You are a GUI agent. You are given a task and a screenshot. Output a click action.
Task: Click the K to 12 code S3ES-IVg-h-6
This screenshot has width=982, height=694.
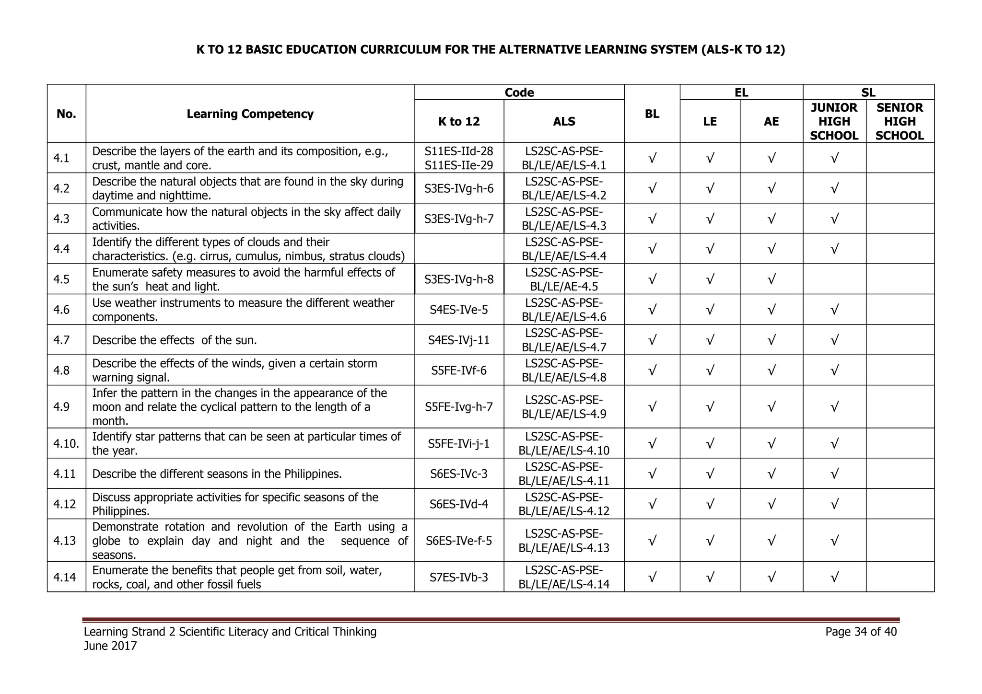point(459,188)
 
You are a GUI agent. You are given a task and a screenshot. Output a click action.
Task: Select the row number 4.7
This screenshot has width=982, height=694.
point(62,340)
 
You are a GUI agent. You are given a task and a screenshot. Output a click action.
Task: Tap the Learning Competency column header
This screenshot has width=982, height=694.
point(250,114)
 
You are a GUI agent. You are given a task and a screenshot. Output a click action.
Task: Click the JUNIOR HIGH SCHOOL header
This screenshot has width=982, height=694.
point(834,122)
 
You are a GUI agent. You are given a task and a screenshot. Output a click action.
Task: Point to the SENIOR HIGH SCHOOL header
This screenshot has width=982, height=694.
point(900,122)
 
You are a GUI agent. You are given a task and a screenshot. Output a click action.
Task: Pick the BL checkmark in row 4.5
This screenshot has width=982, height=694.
point(652,279)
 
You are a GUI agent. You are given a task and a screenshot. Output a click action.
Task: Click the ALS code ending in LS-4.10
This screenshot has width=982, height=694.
point(564,444)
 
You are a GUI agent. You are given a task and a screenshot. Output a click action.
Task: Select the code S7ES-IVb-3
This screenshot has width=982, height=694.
point(459,578)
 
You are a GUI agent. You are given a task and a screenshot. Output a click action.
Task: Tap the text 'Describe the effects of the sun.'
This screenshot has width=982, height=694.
point(175,340)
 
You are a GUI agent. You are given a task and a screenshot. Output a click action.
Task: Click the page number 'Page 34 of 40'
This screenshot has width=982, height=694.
point(861,632)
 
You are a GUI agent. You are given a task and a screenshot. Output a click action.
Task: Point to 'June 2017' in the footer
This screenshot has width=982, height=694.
point(110,646)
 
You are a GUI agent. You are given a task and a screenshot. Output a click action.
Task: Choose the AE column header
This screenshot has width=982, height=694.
point(771,122)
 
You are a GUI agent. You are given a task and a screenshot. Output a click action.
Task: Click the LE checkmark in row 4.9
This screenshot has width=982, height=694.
point(710,407)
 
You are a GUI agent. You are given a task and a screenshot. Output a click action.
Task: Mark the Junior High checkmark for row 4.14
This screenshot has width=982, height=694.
point(834,578)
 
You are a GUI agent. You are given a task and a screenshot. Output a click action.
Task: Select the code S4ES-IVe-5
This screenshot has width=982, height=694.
point(459,310)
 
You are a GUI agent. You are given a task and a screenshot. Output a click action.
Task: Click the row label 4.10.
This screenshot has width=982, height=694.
point(66,444)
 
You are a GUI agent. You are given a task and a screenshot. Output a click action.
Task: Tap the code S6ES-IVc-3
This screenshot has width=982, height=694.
point(459,474)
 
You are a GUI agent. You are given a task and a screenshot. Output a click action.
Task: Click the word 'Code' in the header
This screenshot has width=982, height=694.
point(519,93)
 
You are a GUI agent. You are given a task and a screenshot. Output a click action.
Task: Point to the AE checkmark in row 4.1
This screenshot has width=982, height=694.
point(771,158)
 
